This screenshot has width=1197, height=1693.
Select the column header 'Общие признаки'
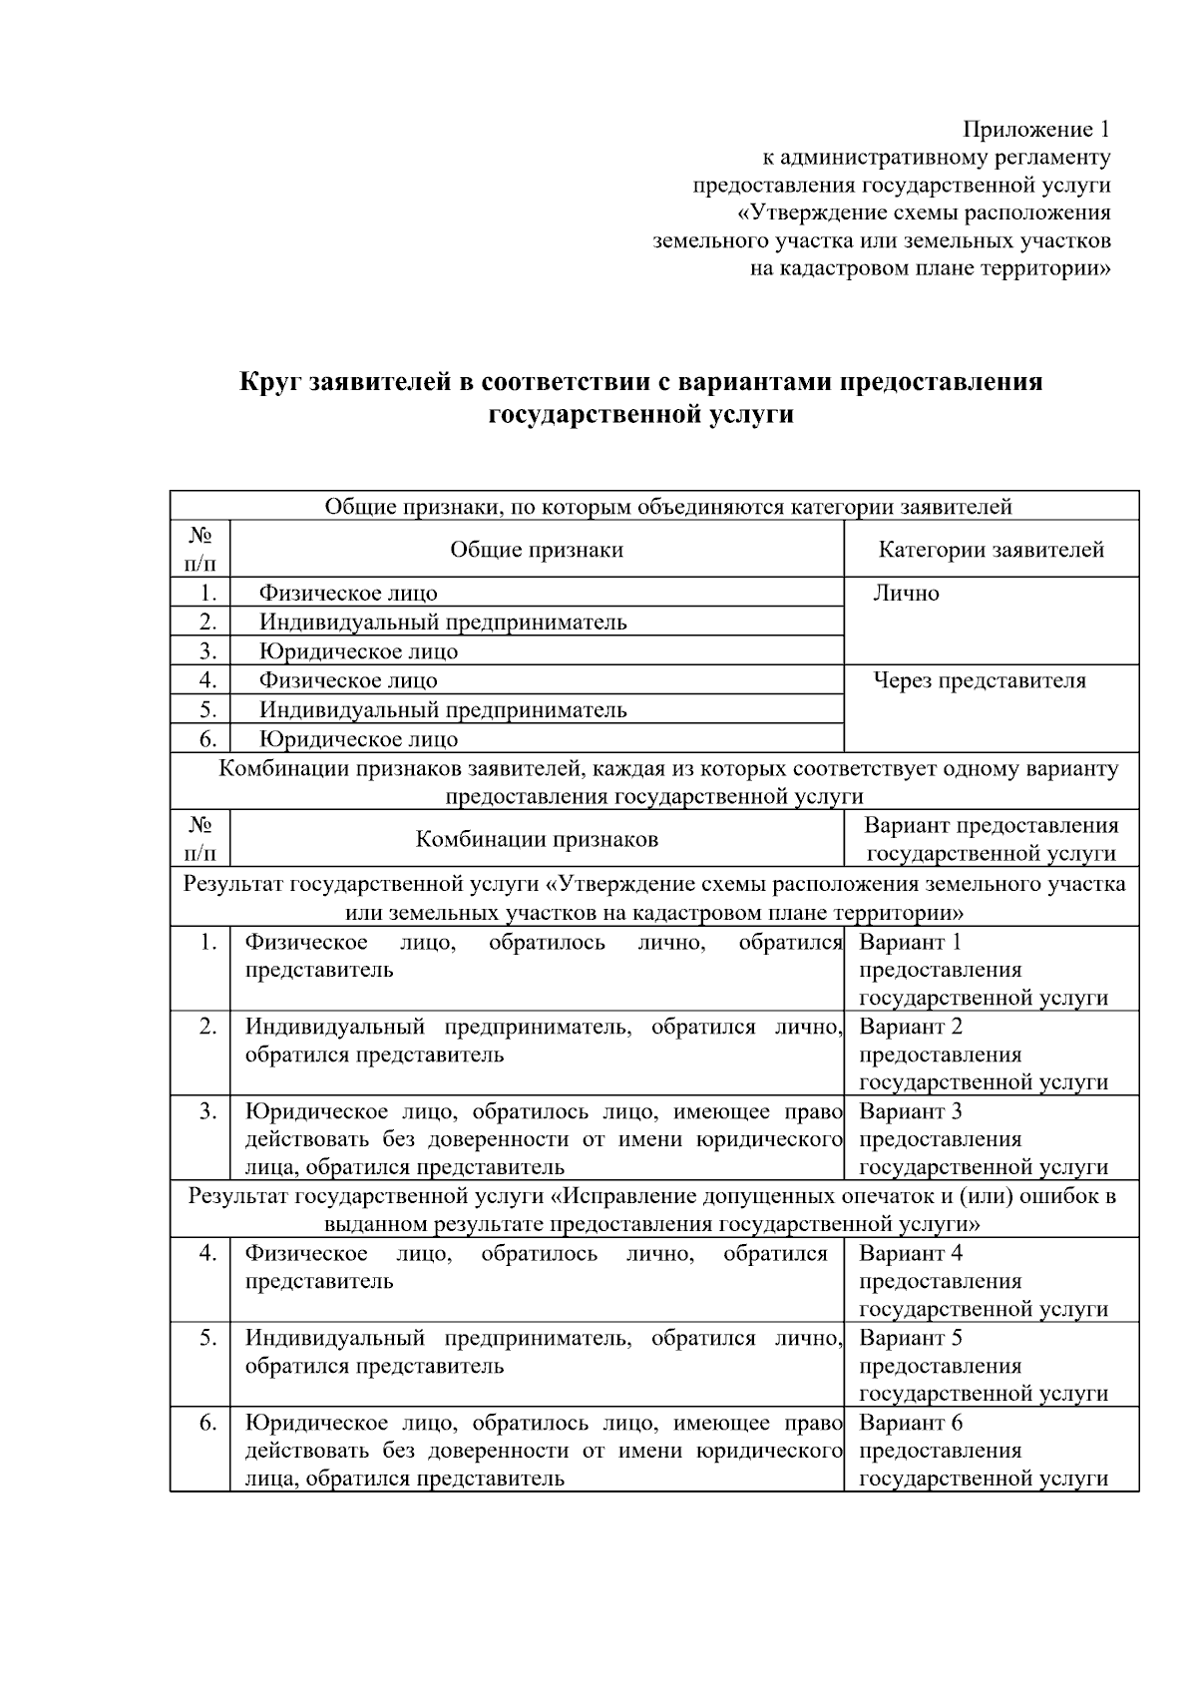click(537, 550)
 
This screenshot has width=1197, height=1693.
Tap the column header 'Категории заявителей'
click(991, 550)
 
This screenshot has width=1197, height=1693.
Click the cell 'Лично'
click(906, 594)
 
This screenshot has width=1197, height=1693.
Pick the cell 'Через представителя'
click(980, 681)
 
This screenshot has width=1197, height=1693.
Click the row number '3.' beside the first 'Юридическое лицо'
click(207, 651)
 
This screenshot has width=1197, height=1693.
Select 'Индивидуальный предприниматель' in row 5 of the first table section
click(443, 710)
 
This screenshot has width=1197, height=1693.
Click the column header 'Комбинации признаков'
click(537, 839)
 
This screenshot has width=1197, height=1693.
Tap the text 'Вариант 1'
click(910, 943)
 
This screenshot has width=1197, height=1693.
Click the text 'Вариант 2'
click(910, 1028)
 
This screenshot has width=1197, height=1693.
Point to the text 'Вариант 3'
click(910, 1112)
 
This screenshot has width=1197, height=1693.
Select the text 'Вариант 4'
click(910, 1254)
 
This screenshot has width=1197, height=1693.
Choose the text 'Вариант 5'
click(910, 1339)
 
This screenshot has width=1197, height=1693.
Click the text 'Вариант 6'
click(910, 1424)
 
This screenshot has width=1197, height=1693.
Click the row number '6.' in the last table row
click(207, 1424)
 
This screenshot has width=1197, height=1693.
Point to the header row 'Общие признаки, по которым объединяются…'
click(668, 507)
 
